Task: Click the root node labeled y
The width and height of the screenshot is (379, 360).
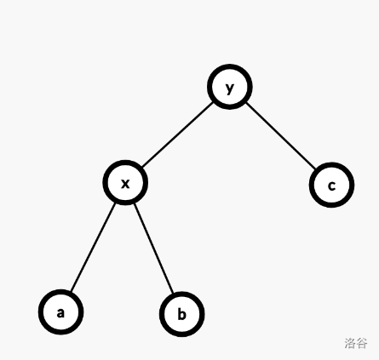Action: click(x=230, y=87)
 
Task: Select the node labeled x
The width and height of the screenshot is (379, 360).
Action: click(x=125, y=182)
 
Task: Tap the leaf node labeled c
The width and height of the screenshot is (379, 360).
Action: click(x=331, y=185)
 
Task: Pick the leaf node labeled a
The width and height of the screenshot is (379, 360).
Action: click(x=60, y=312)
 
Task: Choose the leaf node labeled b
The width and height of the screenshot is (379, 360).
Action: click(x=182, y=314)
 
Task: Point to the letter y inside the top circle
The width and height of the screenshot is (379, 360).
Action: click(x=230, y=89)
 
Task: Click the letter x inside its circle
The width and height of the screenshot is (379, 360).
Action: click(x=125, y=184)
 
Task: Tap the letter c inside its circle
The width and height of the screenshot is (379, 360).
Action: click(x=331, y=186)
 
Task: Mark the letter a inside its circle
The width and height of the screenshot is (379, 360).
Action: click(x=60, y=313)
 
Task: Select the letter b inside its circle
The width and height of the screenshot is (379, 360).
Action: click(x=181, y=314)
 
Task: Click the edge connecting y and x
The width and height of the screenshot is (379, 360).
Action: click(x=177, y=134)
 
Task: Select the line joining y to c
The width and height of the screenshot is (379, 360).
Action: click(x=281, y=136)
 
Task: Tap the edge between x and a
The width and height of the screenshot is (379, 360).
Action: click(x=93, y=247)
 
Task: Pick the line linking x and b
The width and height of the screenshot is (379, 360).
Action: click(x=153, y=249)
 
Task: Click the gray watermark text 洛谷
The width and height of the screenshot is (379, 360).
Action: click(x=356, y=343)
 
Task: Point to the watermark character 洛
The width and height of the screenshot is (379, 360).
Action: click(x=350, y=343)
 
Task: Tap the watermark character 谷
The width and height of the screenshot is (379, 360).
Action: click(x=362, y=343)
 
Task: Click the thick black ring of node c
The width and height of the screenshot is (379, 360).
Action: click(x=331, y=165)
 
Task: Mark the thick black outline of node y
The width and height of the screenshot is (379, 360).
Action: click(x=230, y=66)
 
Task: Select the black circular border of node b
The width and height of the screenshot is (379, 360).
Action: click(x=182, y=294)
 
